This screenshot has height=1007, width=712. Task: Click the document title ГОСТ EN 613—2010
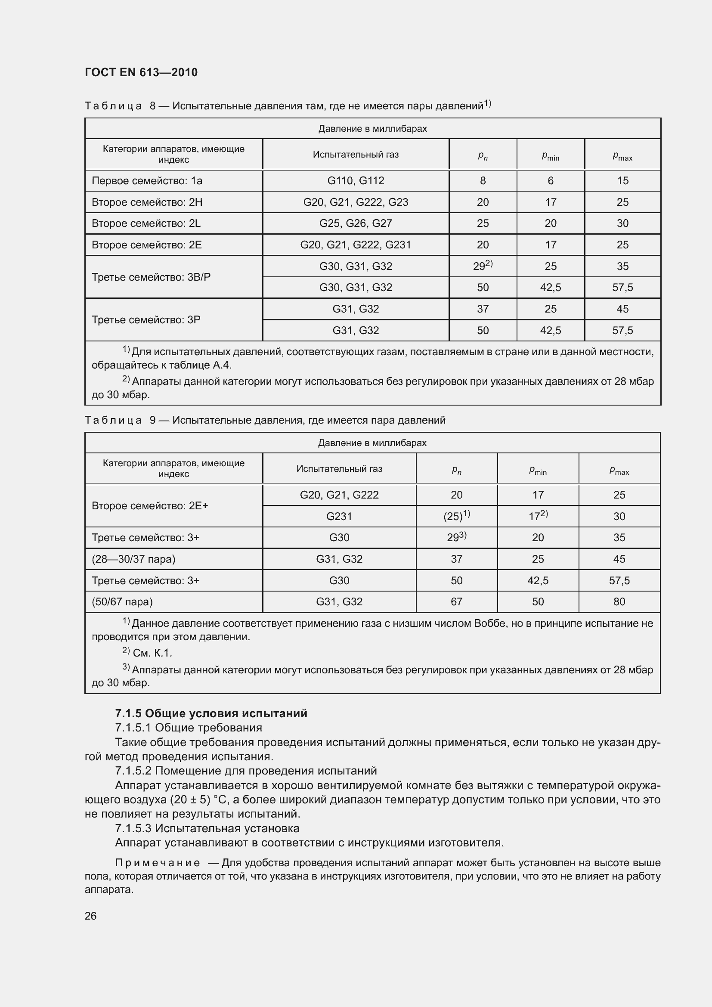pos(141,72)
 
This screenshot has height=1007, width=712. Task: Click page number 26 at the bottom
pos(91,916)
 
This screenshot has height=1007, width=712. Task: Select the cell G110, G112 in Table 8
pos(356,181)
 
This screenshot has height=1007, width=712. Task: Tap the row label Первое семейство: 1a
pos(147,181)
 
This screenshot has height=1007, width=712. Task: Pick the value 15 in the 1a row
pos(622,181)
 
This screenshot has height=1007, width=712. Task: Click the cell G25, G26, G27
pos(356,223)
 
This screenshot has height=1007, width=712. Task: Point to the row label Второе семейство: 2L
pos(146,223)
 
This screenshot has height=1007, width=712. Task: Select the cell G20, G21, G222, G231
pos(356,245)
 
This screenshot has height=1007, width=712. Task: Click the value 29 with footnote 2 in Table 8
pos(482,266)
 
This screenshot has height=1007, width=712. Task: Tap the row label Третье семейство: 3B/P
pos(151,277)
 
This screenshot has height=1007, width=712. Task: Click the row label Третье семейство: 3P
pos(146,320)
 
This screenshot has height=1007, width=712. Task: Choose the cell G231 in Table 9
pos(339,516)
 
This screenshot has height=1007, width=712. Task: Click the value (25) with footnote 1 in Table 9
pos(456,516)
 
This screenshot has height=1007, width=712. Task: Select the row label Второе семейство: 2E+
pos(150,506)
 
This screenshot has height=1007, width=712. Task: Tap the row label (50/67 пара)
pos(122,602)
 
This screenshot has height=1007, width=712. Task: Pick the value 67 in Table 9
pos(456,602)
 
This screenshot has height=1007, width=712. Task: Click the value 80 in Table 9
pos(619,602)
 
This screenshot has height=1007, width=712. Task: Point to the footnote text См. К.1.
pos(152,653)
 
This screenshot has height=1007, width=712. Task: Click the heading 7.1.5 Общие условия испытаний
pos(211,713)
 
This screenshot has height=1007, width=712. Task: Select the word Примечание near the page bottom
pos(158,863)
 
